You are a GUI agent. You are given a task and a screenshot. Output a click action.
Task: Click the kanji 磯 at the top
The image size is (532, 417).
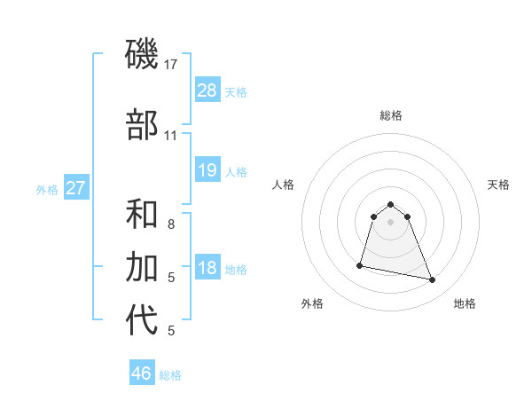(142, 55)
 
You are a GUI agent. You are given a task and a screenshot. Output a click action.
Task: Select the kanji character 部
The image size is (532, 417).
(142, 125)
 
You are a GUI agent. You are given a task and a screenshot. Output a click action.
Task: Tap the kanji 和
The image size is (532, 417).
(142, 216)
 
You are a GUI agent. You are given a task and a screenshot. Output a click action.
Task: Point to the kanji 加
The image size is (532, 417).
(142, 267)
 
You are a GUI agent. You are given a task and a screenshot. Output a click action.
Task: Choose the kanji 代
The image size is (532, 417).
(142, 320)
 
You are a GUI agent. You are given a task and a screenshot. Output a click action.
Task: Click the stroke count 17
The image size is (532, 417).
(170, 65)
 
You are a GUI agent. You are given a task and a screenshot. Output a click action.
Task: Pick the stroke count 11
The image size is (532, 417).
(170, 136)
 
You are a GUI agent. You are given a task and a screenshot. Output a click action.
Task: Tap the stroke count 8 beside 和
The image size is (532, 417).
(171, 225)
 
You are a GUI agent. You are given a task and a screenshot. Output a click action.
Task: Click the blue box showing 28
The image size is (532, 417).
(207, 90)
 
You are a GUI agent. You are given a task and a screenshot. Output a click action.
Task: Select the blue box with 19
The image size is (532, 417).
(207, 170)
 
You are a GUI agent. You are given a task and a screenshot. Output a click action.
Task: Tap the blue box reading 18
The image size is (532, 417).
(207, 269)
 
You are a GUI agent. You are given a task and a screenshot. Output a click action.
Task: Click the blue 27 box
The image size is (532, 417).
(75, 187)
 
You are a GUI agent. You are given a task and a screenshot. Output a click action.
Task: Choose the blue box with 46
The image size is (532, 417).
(142, 374)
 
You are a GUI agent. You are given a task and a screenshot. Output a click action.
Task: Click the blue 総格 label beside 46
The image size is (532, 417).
(171, 375)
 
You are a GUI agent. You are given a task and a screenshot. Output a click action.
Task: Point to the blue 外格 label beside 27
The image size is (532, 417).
(47, 189)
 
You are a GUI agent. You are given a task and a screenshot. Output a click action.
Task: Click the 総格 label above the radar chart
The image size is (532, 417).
(391, 115)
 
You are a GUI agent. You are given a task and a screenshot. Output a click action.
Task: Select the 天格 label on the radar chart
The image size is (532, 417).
(498, 185)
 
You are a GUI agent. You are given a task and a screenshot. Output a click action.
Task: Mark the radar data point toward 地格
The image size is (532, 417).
(433, 280)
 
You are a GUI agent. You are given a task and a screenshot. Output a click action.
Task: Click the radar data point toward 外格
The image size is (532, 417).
(361, 264)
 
